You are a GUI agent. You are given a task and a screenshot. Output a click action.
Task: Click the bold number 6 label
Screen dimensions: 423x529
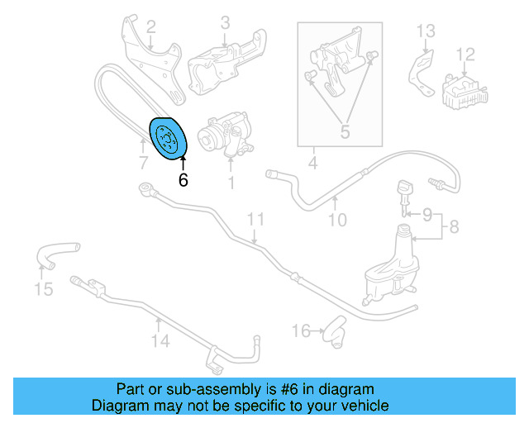point(183,178)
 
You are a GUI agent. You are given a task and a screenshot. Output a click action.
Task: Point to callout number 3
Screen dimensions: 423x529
point(225,22)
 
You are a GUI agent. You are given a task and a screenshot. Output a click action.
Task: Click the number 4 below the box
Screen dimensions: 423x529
point(313,163)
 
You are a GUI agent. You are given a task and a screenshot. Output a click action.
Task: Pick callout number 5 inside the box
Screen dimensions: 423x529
point(344,131)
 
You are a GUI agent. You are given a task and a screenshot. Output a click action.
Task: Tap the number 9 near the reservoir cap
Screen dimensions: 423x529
point(427,215)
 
